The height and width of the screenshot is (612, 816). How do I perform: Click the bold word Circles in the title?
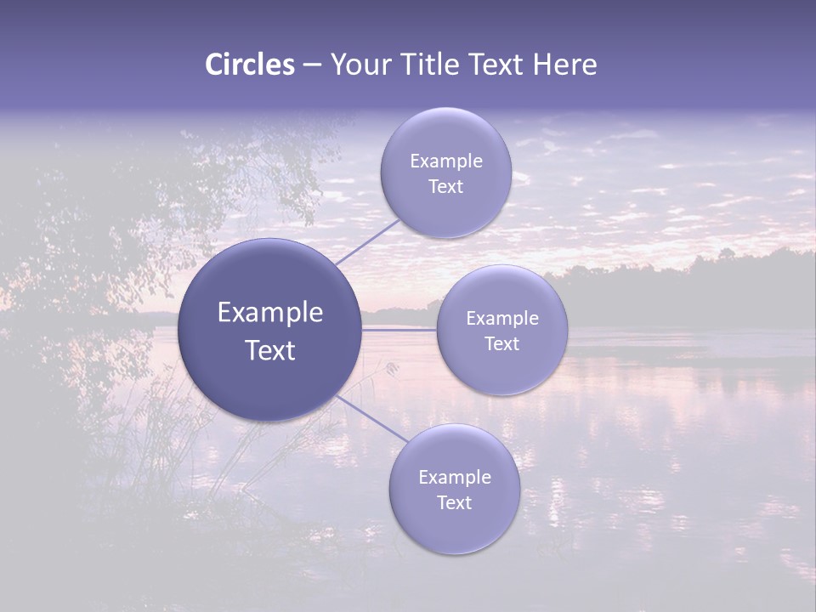click(250, 65)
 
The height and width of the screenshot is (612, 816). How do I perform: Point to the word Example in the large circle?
click(270, 313)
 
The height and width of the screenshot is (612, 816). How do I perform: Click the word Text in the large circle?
click(270, 350)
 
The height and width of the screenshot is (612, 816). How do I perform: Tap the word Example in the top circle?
click(446, 161)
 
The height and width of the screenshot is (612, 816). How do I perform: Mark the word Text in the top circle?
click(445, 187)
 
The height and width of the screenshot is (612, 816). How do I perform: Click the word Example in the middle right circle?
click(502, 319)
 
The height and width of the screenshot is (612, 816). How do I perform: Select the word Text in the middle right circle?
click(501, 344)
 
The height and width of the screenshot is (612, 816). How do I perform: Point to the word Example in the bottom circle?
click(455, 478)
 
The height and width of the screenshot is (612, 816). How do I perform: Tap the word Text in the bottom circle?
click(454, 503)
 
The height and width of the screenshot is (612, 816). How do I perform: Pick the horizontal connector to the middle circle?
click(399, 329)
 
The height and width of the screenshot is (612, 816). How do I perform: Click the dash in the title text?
click(312, 65)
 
